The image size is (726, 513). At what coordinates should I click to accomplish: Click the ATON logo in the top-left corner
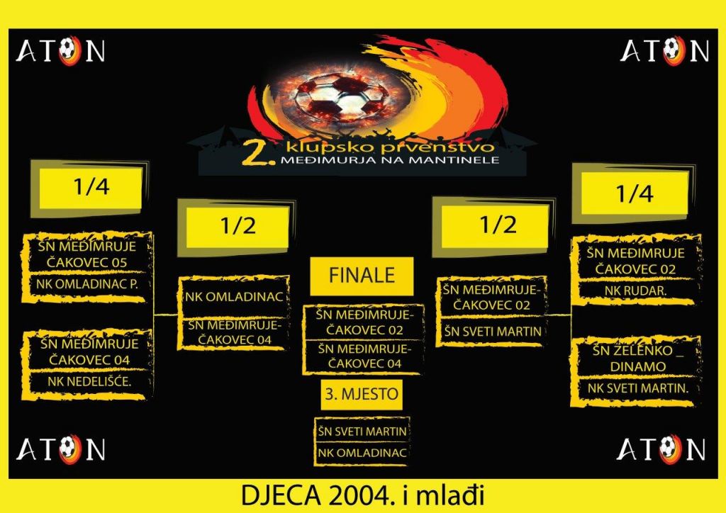tap(60, 51)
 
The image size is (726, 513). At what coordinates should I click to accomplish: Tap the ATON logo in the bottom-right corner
tap(661, 449)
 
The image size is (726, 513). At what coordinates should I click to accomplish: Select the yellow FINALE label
tap(362, 275)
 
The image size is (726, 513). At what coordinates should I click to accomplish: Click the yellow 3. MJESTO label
tap(362, 394)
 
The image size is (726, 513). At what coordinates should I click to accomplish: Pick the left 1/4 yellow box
tap(91, 188)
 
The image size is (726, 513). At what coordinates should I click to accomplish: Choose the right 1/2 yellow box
tap(495, 225)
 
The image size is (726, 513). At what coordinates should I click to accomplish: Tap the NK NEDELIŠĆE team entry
tap(90, 382)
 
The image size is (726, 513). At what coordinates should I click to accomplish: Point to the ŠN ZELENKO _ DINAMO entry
tap(636, 358)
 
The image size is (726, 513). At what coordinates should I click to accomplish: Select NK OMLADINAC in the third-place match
tap(363, 453)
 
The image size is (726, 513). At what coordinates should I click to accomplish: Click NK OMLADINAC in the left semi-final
tap(235, 297)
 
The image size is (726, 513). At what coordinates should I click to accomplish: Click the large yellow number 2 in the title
tap(252, 153)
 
